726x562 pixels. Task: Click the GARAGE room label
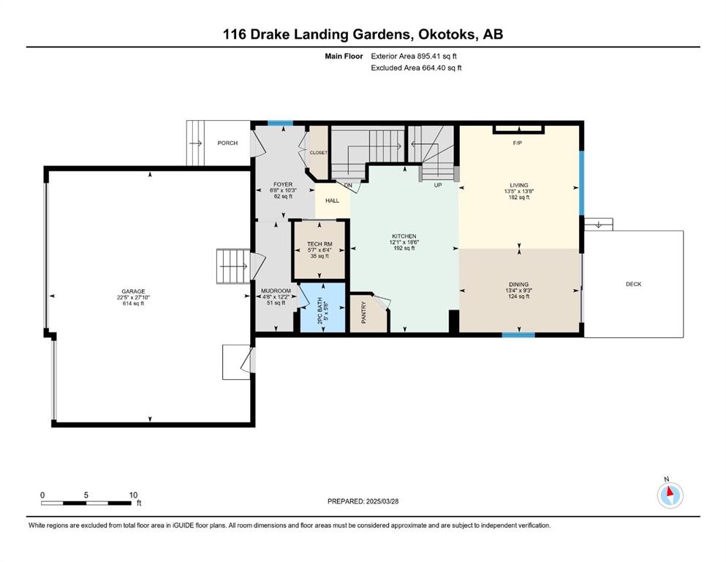[133, 291]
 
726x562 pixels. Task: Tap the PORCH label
[227, 143]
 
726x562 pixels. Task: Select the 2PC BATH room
[322, 307]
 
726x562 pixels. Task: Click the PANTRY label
[364, 312]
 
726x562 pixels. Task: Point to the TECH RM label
[319, 244]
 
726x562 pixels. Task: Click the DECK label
[633, 284]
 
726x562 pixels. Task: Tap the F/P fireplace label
[517, 143]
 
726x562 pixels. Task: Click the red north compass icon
[670, 495]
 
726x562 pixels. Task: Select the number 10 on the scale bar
[133, 495]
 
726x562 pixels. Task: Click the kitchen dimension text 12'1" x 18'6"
[404, 241]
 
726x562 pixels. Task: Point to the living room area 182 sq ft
[518, 197]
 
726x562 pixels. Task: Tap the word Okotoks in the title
[447, 34]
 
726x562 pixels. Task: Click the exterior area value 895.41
[428, 56]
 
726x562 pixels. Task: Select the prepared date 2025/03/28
[382, 501]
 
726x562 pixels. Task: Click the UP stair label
[437, 185]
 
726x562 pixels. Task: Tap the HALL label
[332, 201]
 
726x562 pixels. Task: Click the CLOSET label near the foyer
[319, 152]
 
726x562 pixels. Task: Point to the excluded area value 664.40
[432, 67]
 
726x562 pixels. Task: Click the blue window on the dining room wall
[518, 334]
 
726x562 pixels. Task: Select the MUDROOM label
[276, 291]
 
